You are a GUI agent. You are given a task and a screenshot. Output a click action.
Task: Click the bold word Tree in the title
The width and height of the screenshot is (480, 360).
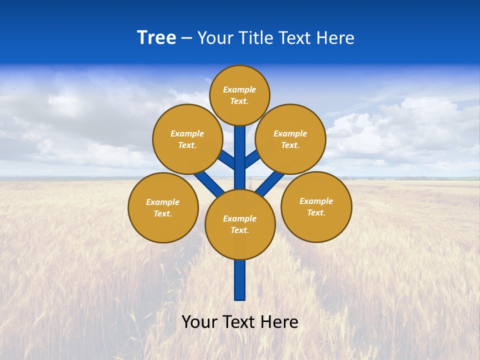pos(156,38)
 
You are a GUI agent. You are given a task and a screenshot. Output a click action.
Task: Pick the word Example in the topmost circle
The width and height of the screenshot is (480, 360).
pos(239,90)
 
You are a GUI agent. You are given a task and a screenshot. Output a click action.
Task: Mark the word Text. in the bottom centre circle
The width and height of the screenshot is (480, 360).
pos(239,230)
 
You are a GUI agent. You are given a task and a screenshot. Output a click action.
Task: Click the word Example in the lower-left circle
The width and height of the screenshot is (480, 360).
pos(162,202)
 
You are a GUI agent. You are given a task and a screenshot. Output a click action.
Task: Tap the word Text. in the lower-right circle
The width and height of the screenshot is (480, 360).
pos(316,213)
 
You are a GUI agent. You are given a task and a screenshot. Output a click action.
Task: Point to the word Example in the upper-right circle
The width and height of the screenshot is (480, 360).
pos(290,134)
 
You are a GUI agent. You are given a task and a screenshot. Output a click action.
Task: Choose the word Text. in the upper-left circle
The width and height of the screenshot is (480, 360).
pos(187,145)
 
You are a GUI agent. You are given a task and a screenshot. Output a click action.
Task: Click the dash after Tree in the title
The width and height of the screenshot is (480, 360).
pos(186,38)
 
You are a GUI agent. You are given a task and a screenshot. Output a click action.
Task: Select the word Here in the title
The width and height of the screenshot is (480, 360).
pos(334,38)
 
